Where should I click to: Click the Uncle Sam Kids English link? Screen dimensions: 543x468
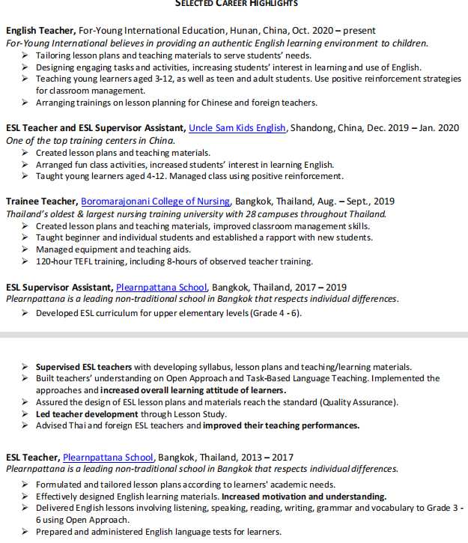point(237,128)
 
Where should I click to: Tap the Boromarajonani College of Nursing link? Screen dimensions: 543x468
point(156,201)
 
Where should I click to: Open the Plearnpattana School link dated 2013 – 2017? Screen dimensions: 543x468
point(108,457)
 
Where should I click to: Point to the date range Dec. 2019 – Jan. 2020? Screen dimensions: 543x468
point(416,128)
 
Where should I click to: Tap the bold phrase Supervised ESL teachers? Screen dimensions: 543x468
point(84,367)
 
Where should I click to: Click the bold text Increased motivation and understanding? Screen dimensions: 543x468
point(304,497)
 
